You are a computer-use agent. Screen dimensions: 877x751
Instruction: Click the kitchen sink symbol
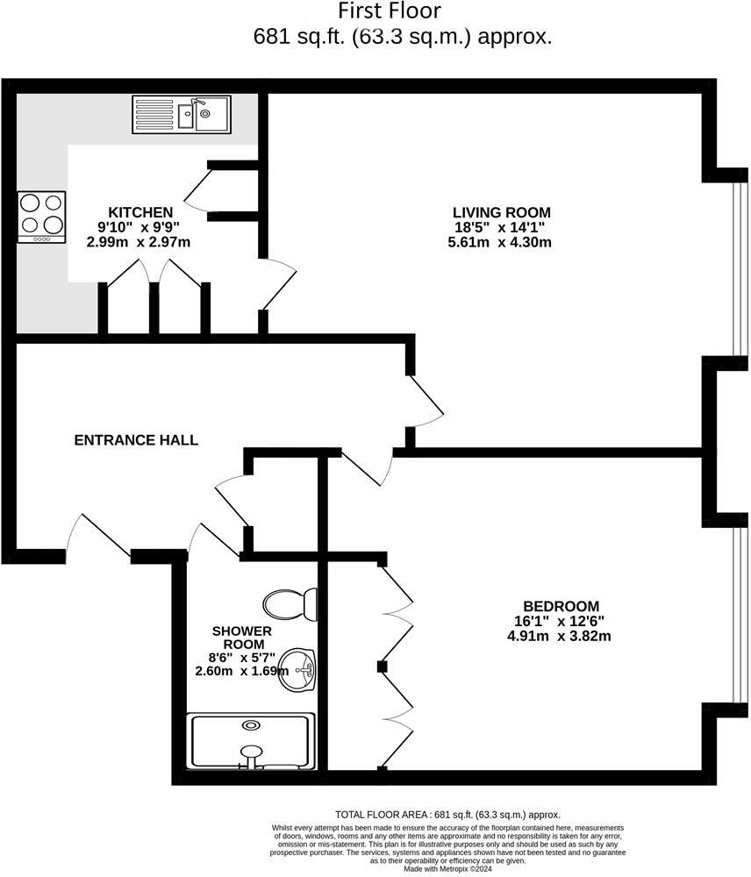click(182, 115)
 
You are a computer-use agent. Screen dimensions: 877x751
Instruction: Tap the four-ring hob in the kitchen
click(42, 217)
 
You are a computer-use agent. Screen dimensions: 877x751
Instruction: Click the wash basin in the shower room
click(300, 673)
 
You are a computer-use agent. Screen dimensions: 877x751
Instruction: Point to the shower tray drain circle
click(253, 725)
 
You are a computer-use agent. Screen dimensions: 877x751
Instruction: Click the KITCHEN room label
click(139, 212)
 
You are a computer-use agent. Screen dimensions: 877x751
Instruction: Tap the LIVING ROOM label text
click(501, 212)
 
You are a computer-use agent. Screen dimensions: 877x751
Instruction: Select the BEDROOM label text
click(561, 606)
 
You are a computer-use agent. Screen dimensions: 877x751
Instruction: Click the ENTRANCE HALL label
click(136, 440)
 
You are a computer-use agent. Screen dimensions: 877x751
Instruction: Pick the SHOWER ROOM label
click(241, 638)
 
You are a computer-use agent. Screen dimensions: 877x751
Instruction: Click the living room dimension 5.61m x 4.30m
click(501, 242)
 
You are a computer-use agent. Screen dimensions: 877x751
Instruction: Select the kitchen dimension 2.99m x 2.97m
click(139, 242)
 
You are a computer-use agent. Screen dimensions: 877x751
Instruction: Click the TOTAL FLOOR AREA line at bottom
click(447, 814)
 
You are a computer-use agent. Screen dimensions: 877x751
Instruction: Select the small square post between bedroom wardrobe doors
click(382, 667)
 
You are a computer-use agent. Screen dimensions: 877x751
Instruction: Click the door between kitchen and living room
click(279, 286)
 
